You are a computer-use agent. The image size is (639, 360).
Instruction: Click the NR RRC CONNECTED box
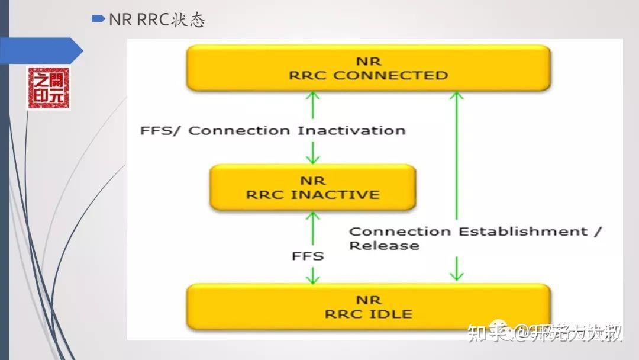tap(368, 68)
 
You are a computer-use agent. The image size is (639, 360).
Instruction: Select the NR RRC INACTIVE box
tap(312, 187)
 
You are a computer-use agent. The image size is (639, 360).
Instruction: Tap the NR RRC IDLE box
tap(368, 307)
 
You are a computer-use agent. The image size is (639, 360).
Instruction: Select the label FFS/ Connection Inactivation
tap(273, 130)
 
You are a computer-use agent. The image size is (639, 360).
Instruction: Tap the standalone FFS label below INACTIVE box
tap(308, 256)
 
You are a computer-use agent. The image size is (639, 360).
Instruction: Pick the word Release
tap(384, 245)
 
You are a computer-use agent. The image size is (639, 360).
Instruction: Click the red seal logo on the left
tap(49, 88)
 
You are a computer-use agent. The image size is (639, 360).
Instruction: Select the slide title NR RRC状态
tap(157, 20)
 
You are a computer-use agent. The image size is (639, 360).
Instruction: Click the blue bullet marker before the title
tap(98, 19)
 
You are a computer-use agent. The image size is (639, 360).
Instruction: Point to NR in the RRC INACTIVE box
tap(312, 181)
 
